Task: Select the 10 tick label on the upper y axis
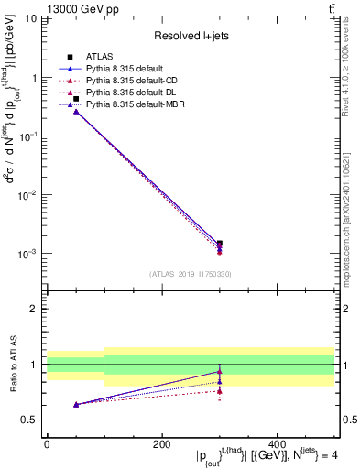pos(28,19)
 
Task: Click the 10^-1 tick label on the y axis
pos(28,136)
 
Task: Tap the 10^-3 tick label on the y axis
pos(28,254)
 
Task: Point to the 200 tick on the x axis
pos(162,442)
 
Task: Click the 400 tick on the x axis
pos(277,442)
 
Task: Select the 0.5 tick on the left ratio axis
pos(30,420)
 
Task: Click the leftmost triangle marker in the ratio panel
pos(75,404)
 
